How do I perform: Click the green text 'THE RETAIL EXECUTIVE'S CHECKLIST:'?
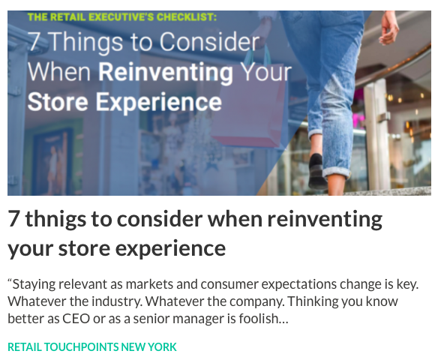click(x=122, y=17)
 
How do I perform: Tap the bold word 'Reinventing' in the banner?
click(x=166, y=72)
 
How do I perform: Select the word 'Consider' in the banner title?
click(x=209, y=42)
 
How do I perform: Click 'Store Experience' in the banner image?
click(x=124, y=102)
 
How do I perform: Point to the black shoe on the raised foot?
click(x=318, y=171)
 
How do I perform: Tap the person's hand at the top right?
click(x=388, y=28)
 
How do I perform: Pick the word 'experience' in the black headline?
click(x=169, y=249)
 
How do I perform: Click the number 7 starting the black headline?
click(x=13, y=219)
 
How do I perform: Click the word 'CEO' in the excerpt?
click(x=76, y=319)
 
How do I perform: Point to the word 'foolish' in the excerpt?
click(x=259, y=319)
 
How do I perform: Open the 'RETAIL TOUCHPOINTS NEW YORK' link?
click(x=92, y=346)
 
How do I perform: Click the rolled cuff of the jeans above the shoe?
click(x=336, y=172)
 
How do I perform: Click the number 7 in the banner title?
click(x=34, y=41)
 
